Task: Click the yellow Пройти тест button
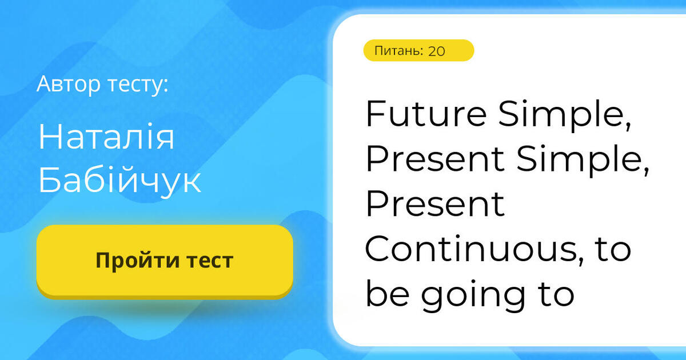click(165, 261)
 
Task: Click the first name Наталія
click(106, 138)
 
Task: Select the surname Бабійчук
click(119, 182)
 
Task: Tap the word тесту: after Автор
click(138, 85)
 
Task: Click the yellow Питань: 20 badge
click(418, 51)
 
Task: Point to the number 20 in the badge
click(436, 51)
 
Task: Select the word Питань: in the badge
click(398, 51)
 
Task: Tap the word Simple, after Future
click(564, 115)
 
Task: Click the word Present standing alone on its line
click(435, 205)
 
